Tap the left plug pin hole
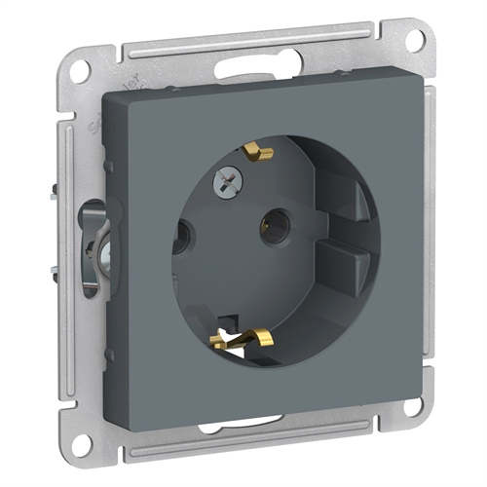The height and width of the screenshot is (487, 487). [181, 237]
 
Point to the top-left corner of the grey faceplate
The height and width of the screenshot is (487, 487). [105, 94]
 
